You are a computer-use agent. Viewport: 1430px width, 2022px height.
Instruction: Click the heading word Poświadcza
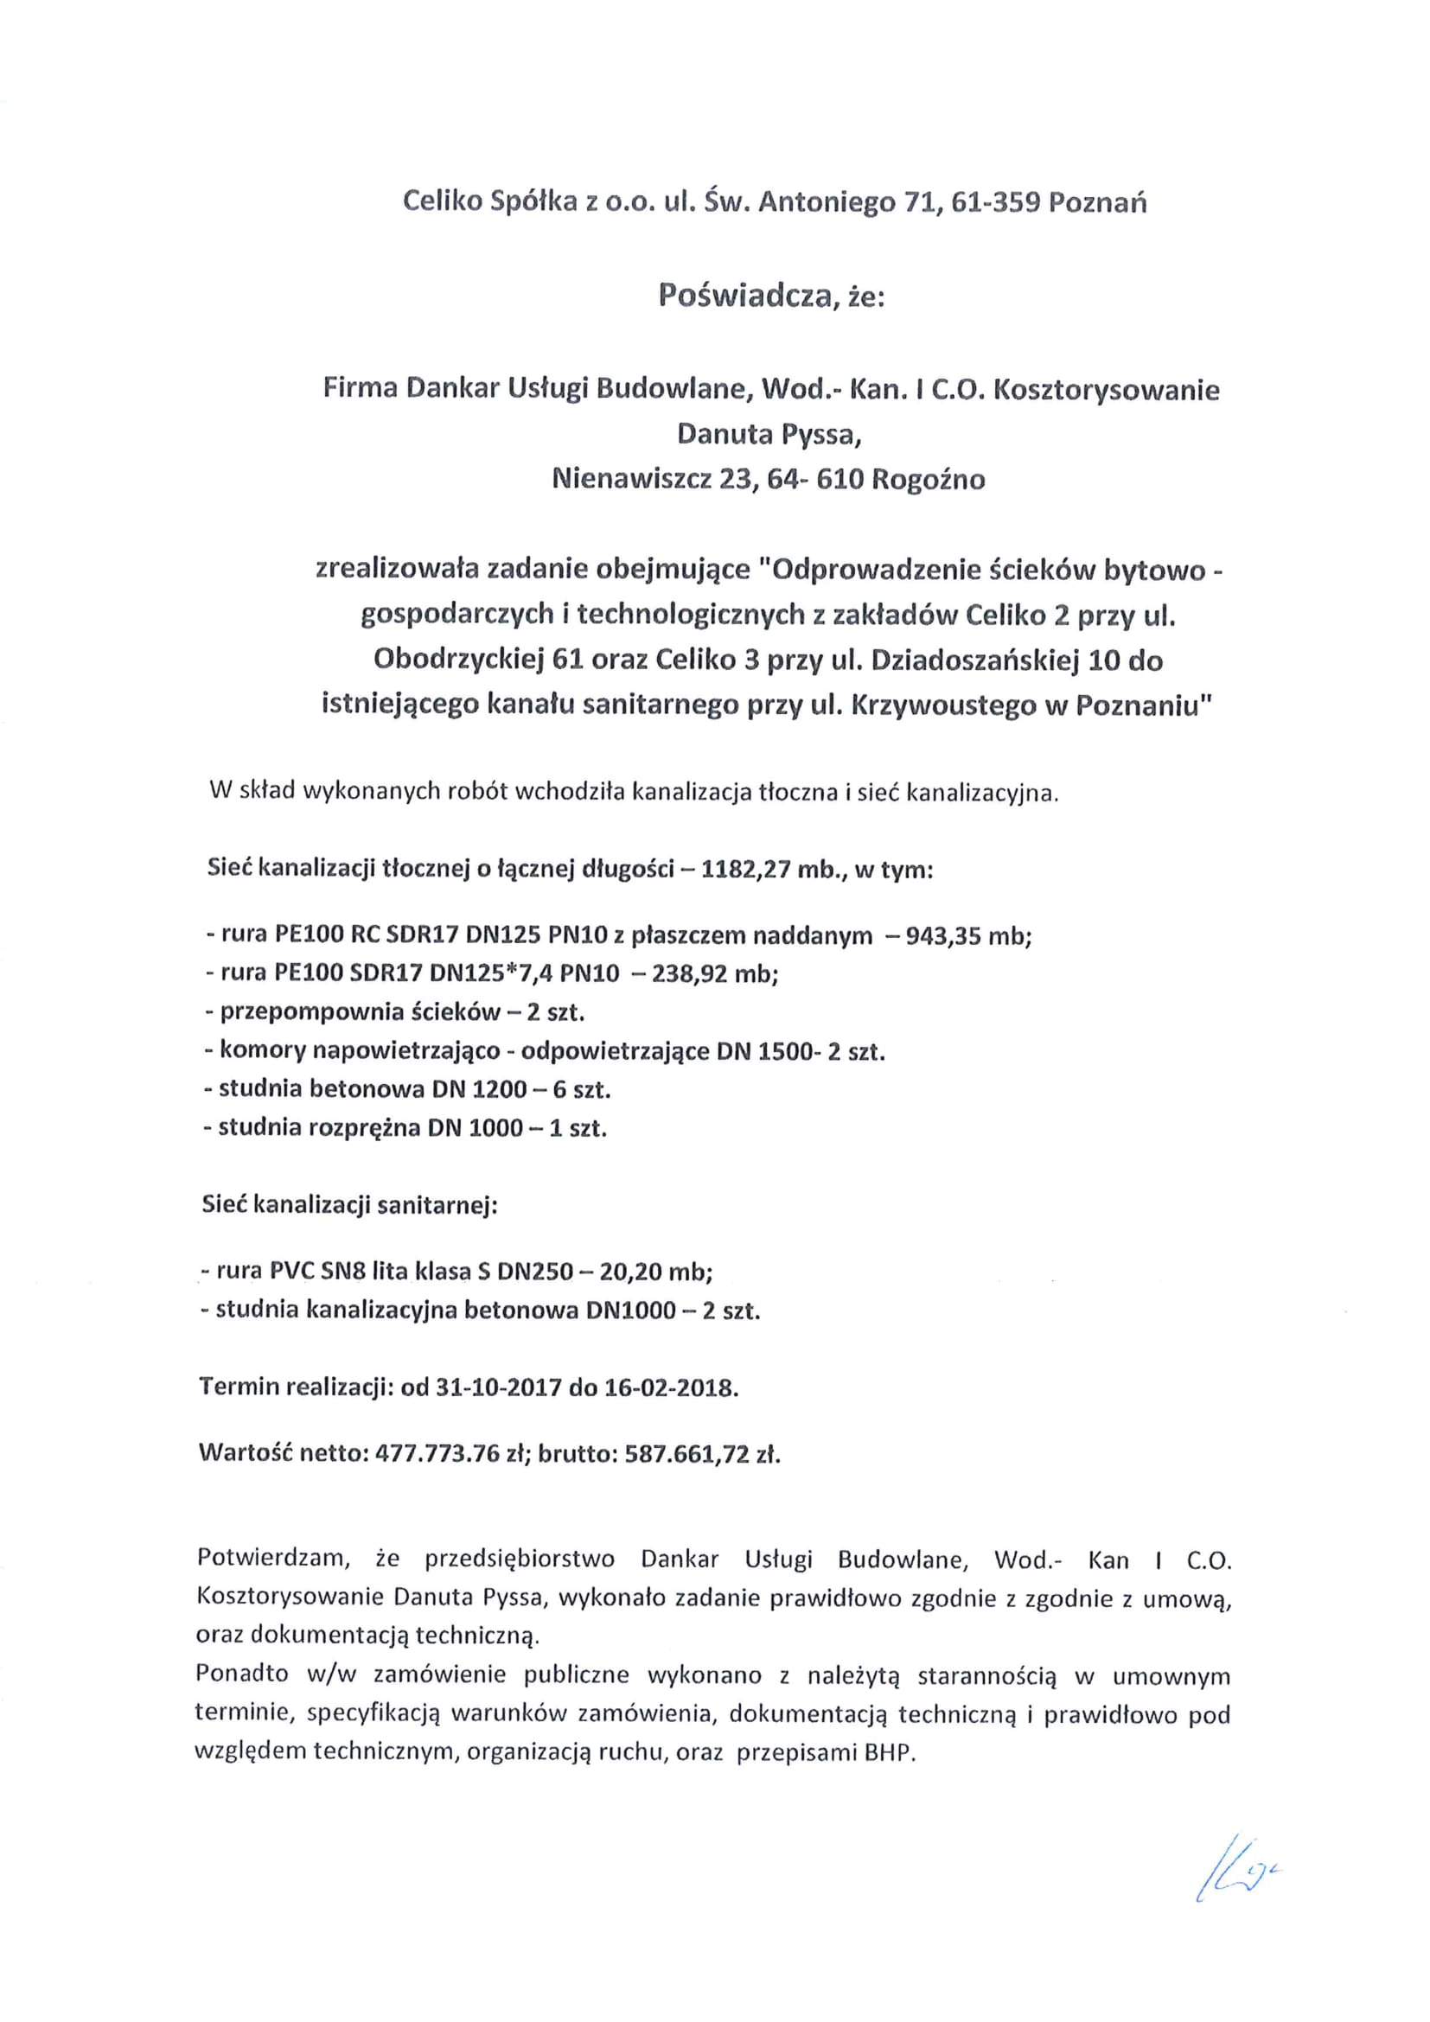(744, 297)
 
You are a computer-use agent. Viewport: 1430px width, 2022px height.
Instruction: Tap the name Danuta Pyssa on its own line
(769, 434)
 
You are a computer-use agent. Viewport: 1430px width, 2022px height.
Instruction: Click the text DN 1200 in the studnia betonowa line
(479, 1089)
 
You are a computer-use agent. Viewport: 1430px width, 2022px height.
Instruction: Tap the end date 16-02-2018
(669, 1388)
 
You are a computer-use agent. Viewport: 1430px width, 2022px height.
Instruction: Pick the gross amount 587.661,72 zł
(702, 1454)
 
